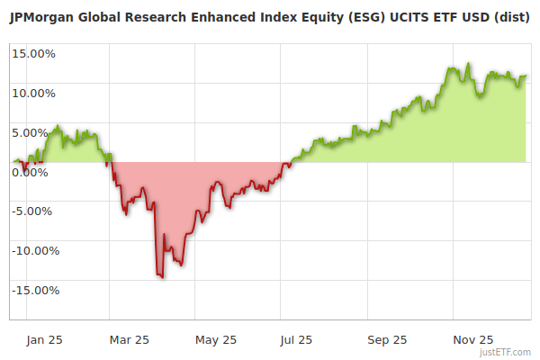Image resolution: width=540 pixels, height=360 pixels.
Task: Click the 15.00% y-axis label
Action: tap(33, 53)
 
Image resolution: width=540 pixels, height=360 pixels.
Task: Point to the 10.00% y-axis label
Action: tap(33, 93)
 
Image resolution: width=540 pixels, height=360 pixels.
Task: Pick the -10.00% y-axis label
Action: tap(33, 251)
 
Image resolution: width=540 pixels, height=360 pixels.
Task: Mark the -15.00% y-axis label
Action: tap(33, 291)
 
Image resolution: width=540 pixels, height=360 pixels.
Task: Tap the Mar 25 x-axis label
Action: tap(130, 340)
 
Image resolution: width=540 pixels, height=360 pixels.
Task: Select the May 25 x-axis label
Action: tap(216, 340)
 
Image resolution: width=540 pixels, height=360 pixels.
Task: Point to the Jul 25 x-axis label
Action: tap(298, 340)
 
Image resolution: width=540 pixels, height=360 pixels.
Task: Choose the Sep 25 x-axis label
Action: tap(387, 340)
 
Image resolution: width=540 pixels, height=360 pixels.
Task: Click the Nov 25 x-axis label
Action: tap(473, 340)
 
